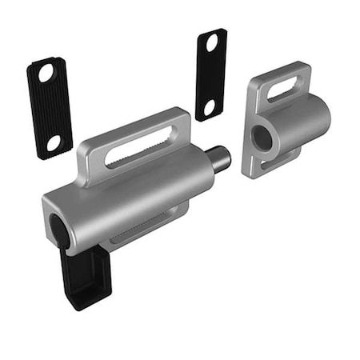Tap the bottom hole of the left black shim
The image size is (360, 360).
tap(54, 142)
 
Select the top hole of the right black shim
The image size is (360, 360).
tap(213, 43)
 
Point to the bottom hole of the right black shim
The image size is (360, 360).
tap(210, 106)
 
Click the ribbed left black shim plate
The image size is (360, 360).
tap(50, 108)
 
